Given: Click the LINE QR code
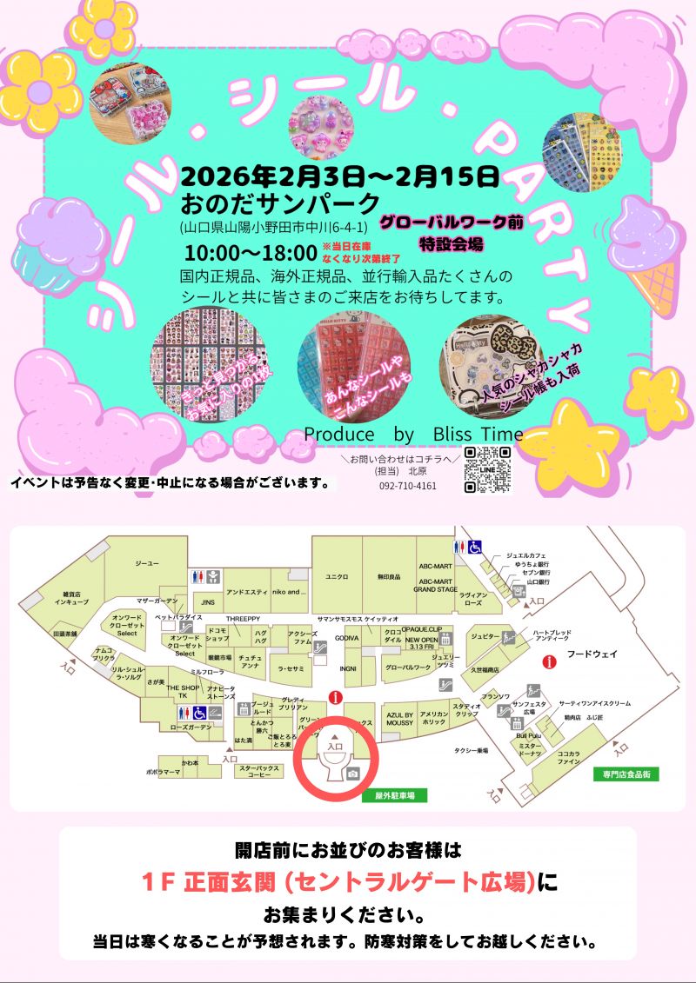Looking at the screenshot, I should (x=487, y=469).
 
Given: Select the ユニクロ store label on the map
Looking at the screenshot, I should (x=337, y=575).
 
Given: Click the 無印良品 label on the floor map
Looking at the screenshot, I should (x=388, y=576).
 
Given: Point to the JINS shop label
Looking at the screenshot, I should (x=208, y=601).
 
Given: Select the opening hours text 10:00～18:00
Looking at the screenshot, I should (x=249, y=253).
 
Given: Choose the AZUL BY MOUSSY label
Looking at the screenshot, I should (x=400, y=716).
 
